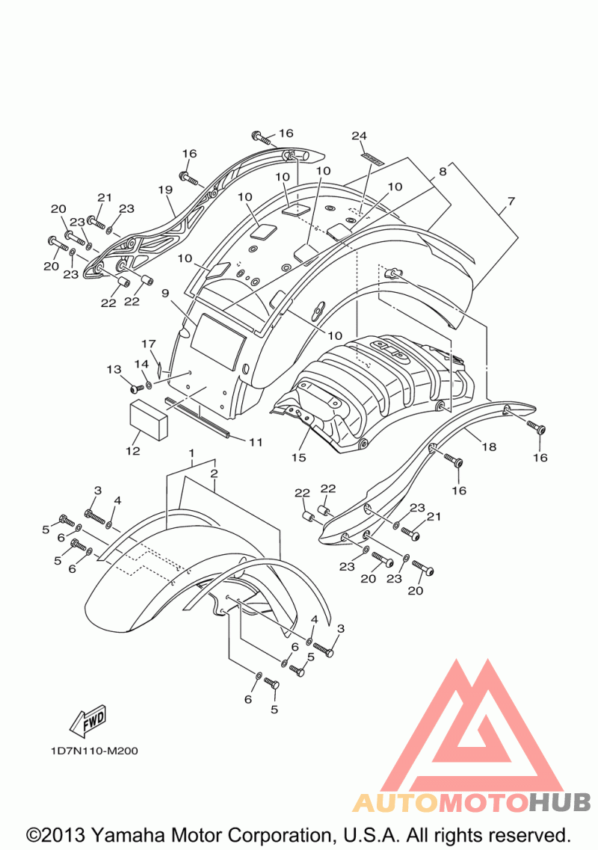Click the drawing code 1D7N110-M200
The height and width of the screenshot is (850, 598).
click(94, 751)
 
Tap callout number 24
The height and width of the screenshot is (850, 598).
click(360, 135)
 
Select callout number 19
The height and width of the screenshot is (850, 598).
click(165, 190)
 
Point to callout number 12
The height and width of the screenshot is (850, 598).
click(133, 450)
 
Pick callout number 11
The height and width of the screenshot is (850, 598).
click(256, 441)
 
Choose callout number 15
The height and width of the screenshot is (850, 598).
click(298, 457)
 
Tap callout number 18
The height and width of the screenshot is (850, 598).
click(489, 446)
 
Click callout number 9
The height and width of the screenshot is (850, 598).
click(165, 294)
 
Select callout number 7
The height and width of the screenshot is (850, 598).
click(511, 201)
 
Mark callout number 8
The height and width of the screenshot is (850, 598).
click(443, 171)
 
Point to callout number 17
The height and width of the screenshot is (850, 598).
click(148, 344)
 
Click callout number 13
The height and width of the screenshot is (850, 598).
click(114, 369)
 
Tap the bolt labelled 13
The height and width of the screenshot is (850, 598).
click(136, 388)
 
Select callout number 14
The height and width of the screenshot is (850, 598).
click(141, 364)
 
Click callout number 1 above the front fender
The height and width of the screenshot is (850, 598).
click(191, 452)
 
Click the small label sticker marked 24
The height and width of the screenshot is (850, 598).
click(372, 158)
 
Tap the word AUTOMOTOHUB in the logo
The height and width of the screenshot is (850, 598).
click(472, 801)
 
